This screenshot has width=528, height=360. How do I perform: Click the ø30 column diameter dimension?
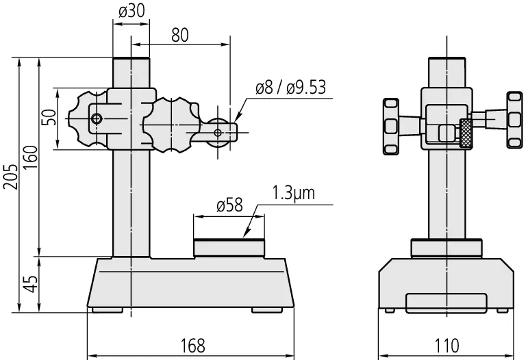click(132, 11)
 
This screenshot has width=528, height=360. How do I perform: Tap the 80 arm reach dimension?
click(180, 35)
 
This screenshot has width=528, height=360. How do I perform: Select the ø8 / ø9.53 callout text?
click(290, 87)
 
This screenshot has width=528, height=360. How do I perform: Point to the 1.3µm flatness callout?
click(293, 193)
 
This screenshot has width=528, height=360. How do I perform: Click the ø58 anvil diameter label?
click(229, 205)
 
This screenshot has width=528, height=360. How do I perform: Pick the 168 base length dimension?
click(192, 346)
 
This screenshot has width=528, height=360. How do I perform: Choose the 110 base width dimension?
click(447, 346)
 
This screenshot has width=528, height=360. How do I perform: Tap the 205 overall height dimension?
click(11, 177)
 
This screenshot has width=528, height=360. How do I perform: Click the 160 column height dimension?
click(31, 157)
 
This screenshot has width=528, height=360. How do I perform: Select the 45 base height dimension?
click(31, 283)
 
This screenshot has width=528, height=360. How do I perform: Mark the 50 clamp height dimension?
click(49, 118)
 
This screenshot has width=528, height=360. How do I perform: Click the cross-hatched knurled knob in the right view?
click(466, 133)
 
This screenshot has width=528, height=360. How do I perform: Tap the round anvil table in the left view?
click(229, 248)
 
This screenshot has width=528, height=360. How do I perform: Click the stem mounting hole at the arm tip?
click(218, 133)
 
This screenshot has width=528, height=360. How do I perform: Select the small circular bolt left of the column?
click(97, 118)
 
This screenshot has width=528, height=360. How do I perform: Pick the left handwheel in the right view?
click(391, 127)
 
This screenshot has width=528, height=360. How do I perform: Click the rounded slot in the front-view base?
click(447, 303)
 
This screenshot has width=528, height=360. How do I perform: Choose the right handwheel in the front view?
click(514, 120)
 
